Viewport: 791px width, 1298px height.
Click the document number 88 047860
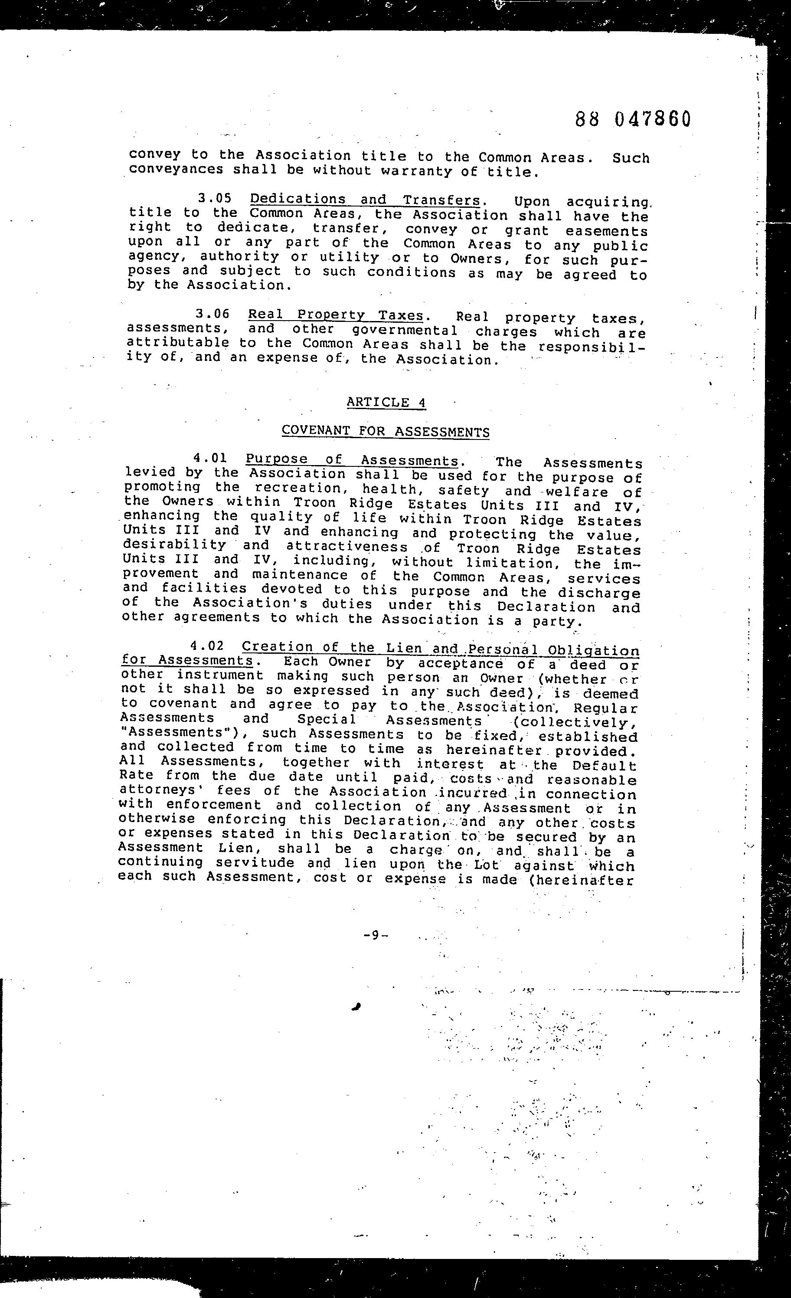coord(632,120)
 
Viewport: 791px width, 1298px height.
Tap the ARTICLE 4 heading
coord(386,403)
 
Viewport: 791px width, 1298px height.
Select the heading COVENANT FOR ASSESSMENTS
coord(386,431)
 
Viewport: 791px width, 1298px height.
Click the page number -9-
coord(376,935)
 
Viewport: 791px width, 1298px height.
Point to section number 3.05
coord(215,199)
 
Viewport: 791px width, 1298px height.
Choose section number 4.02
coord(207,646)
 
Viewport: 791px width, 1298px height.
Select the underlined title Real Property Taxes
coord(336,315)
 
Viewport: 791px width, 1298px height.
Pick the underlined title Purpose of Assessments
coord(352,460)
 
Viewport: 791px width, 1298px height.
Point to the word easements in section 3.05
coord(607,231)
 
